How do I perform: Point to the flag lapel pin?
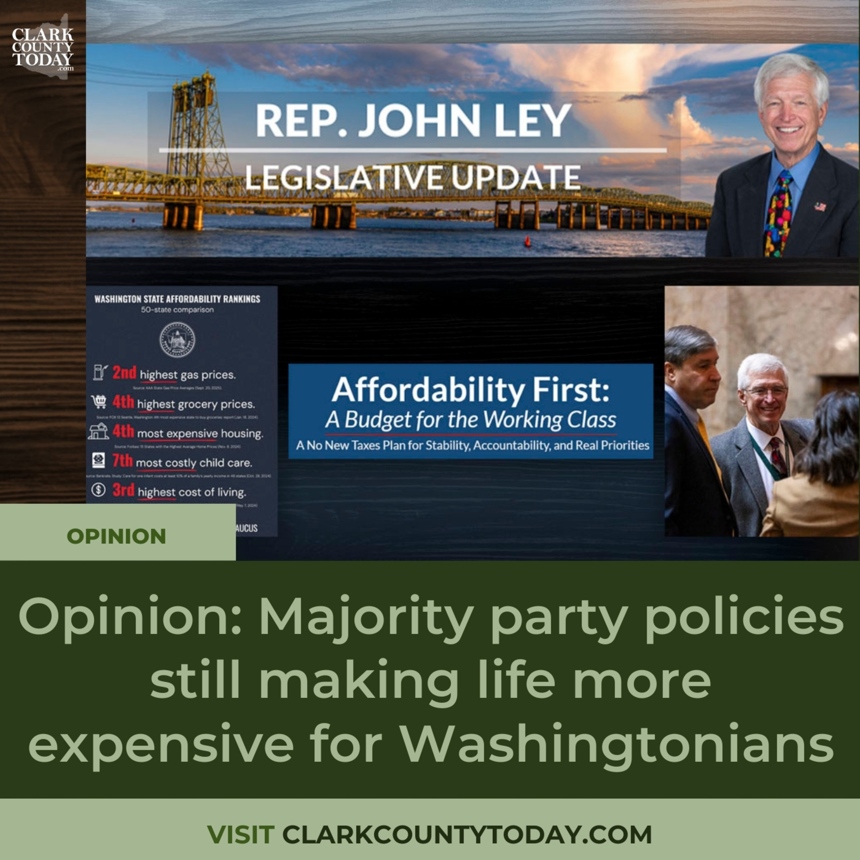(820, 206)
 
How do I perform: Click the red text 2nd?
(124, 373)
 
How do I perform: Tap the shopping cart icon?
(99, 402)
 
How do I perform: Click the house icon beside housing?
(98, 431)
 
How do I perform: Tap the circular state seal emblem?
(177, 340)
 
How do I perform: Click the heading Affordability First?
(470, 390)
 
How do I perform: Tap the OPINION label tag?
(117, 536)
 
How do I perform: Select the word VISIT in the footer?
(241, 834)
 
